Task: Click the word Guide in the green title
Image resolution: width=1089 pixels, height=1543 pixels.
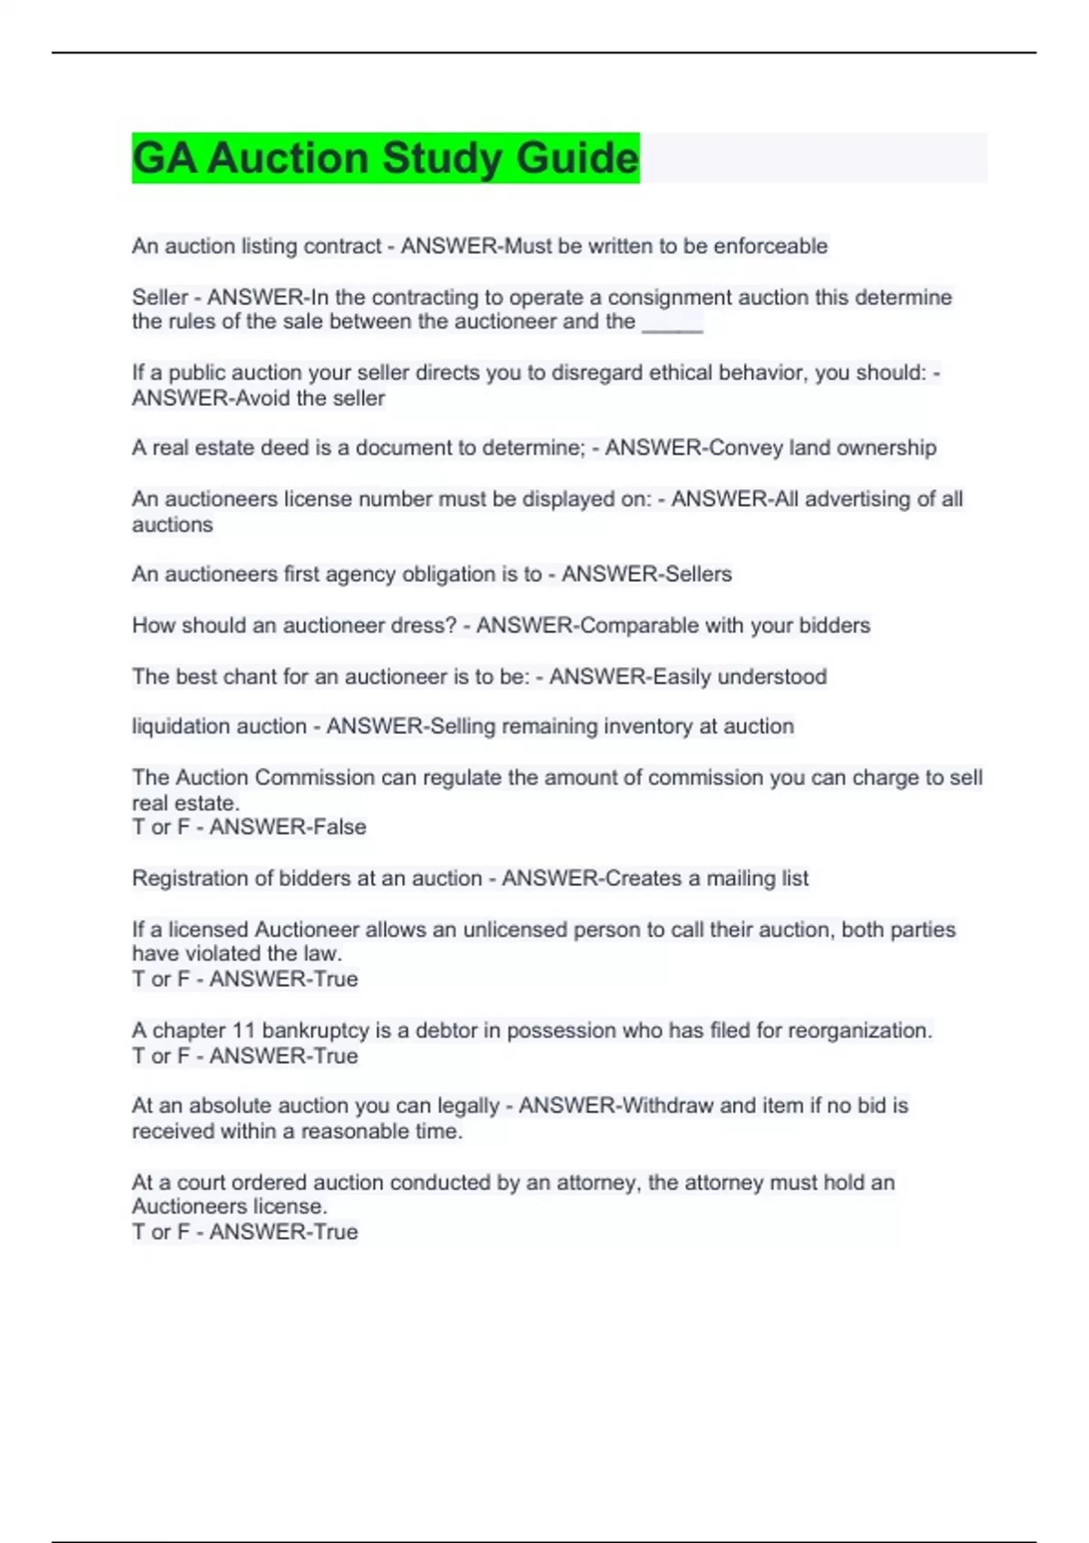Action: tap(577, 158)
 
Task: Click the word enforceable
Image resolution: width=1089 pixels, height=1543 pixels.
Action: tap(770, 246)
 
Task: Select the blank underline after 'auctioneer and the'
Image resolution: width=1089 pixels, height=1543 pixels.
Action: tap(672, 322)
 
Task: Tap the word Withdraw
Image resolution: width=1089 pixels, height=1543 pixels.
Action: tap(668, 1106)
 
